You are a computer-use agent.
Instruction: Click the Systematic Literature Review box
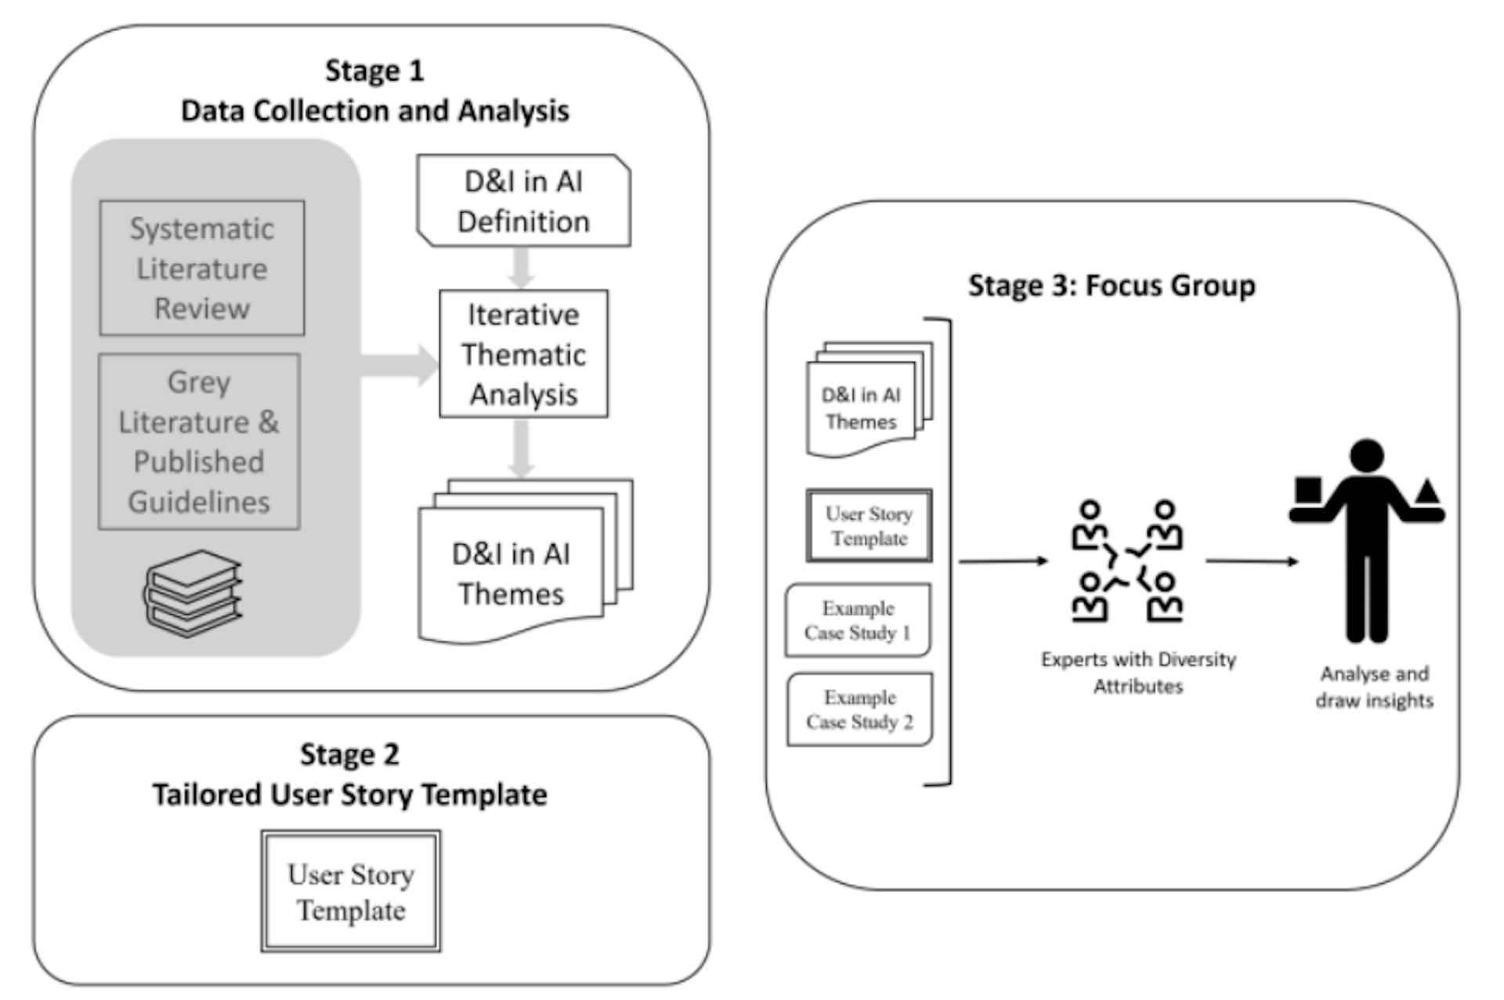pyautogui.click(x=202, y=268)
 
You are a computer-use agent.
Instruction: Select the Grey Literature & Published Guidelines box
pyautogui.click(x=199, y=442)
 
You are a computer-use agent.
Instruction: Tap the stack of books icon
pyautogui.click(x=193, y=593)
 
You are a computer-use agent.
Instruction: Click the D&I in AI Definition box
pyautogui.click(x=523, y=201)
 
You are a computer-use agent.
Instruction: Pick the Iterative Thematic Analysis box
pyautogui.click(x=523, y=354)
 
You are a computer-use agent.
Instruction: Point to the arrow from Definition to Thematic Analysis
pyautogui.click(x=521, y=268)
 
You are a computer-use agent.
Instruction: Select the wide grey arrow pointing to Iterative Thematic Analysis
pyautogui.click(x=399, y=365)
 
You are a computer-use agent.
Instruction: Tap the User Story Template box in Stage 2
pyautogui.click(x=351, y=892)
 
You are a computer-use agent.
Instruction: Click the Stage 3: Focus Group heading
pyautogui.click(x=1112, y=286)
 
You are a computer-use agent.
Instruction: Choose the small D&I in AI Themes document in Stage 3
pyautogui.click(x=861, y=408)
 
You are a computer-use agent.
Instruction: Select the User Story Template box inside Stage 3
pyautogui.click(x=869, y=525)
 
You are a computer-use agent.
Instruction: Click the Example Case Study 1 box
pyautogui.click(x=858, y=620)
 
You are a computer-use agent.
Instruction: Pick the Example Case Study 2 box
pyautogui.click(x=859, y=709)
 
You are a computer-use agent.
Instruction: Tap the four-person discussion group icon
pyautogui.click(x=1127, y=561)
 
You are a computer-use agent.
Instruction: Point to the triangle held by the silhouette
pyautogui.click(x=1427, y=492)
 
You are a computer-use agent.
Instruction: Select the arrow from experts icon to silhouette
pyautogui.click(x=1251, y=561)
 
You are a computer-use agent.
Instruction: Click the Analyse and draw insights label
pyautogui.click(x=1374, y=687)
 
